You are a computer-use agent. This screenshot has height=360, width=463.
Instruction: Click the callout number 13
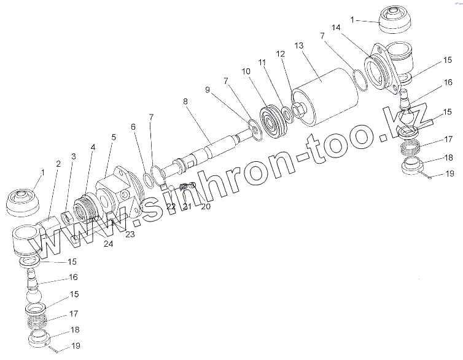[299, 46]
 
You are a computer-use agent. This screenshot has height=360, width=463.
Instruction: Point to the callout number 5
[113, 137]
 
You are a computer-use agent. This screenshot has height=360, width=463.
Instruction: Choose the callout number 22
[171, 206]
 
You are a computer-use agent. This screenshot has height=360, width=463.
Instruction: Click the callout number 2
[59, 164]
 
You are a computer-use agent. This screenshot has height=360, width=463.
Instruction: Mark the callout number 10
[246, 72]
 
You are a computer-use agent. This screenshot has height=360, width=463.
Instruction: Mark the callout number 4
[93, 147]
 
